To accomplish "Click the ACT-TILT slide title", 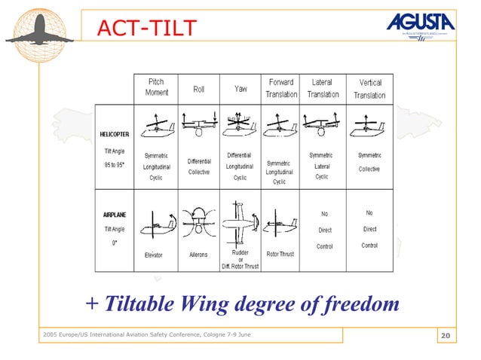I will [x=146, y=29].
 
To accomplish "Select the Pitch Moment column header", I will [x=157, y=87].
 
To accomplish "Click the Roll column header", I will [x=198, y=89].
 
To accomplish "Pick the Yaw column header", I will [x=240, y=89].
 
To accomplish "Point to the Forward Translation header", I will [x=280, y=88].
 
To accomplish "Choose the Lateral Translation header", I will [x=322, y=88].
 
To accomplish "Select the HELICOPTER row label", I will [x=118, y=135].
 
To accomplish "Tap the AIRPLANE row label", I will [x=115, y=215].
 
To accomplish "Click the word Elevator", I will [x=154, y=255].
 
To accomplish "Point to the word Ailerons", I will [x=198, y=255].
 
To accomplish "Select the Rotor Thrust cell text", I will [x=280, y=255].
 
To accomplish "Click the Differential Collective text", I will [x=199, y=166].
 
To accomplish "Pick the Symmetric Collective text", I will [x=369, y=162].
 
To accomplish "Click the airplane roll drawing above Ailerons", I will [x=198, y=222].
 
